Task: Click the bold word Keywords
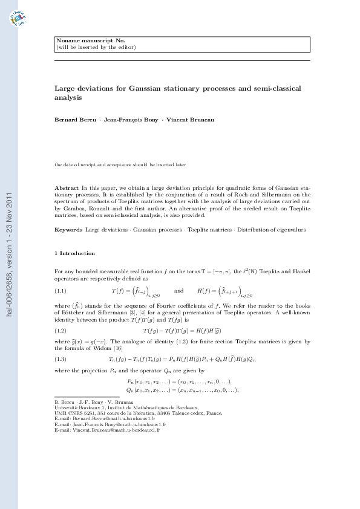pyautogui.click(x=68, y=230)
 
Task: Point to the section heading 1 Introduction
pyautogui.click(x=74, y=253)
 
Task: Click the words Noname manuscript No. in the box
pyautogui.click(x=82, y=41)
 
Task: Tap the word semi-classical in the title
pyautogui.click(x=272, y=89)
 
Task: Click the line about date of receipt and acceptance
pyautogui.click(x=120, y=164)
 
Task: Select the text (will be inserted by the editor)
pyautogui.click(x=96, y=47)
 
